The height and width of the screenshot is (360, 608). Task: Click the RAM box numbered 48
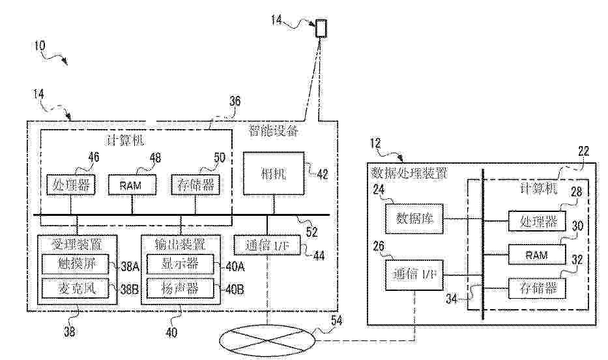(133, 185)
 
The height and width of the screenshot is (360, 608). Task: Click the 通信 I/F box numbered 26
(414, 275)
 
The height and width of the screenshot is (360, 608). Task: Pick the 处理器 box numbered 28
(537, 221)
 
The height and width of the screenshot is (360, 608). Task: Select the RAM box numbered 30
(537, 254)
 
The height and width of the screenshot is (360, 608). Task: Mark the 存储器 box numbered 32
(537, 287)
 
